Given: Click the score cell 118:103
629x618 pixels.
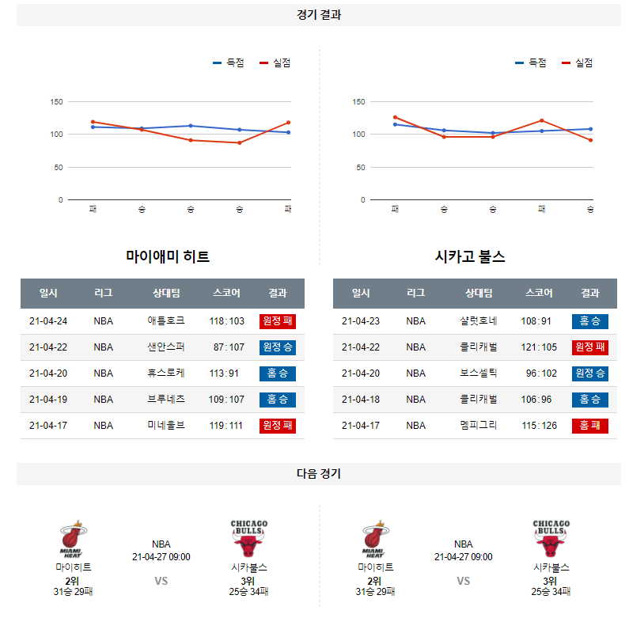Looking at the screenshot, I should point(226,321).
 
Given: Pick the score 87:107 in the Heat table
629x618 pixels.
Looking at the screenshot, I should point(229,347).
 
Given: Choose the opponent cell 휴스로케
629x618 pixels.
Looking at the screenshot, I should point(166,373).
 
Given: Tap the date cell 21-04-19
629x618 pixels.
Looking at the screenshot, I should point(48,400).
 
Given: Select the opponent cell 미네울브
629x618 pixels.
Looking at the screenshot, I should point(166,426).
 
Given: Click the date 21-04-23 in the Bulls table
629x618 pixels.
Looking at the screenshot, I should point(361,321).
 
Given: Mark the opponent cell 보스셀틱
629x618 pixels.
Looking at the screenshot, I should point(479,373).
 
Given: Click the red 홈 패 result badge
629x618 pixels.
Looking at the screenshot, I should point(589,426).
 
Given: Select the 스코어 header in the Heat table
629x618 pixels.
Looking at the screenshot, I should point(226,293).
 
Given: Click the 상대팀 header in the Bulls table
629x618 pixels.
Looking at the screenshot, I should point(479,293).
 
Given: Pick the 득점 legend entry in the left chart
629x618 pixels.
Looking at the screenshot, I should point(229,63).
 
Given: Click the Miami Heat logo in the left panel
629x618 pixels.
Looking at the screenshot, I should point(73,540).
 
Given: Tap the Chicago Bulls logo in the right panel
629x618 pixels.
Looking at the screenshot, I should point(551,539).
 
